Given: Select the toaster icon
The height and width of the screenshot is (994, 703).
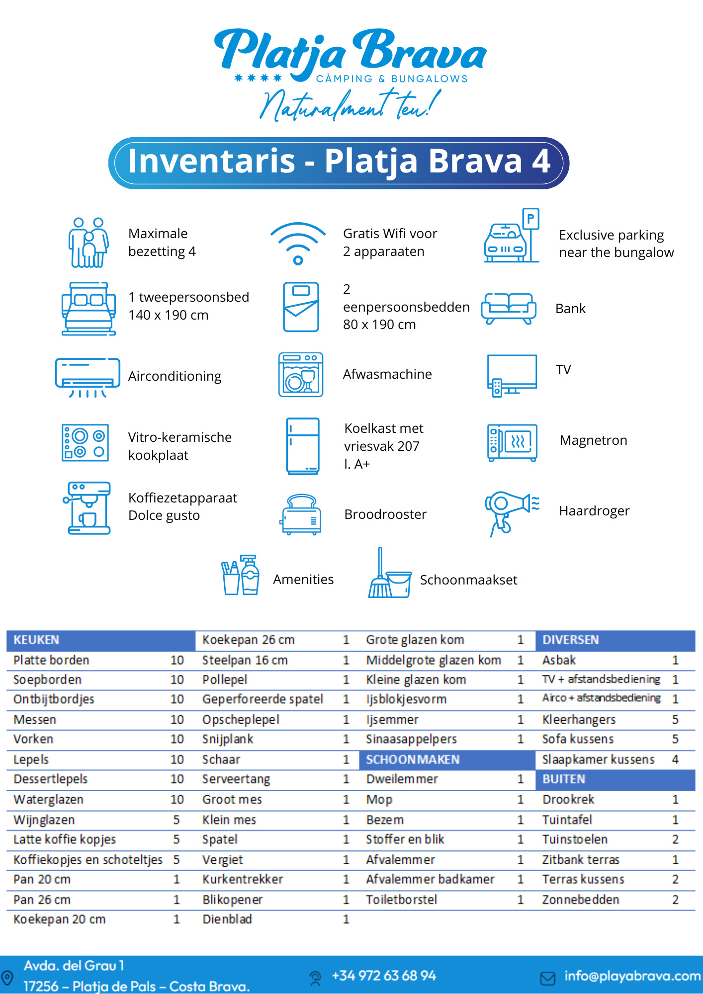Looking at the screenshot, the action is [300, 514].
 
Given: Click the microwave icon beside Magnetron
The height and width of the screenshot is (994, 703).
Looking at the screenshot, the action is [513, 442].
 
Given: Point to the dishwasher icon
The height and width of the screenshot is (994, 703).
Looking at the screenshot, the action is [301, 375].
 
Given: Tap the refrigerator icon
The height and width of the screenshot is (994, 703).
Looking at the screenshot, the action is [302, 446].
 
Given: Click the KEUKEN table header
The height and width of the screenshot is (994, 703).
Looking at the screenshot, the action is [36, 640].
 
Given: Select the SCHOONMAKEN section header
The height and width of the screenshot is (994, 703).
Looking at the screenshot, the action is [413, 760].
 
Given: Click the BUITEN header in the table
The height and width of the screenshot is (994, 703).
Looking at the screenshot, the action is [564, 779].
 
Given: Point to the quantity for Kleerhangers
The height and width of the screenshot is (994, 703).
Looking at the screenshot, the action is [675, 720].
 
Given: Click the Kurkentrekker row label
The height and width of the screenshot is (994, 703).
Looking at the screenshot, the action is [243, 880].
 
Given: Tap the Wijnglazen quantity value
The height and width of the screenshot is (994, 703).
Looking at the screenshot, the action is [176, 820].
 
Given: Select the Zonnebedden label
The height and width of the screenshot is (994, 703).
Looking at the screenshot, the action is [581, 900].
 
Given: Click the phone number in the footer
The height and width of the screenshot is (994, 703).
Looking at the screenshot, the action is [384, 976].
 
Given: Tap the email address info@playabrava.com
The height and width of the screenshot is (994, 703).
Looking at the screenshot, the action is [632, 976].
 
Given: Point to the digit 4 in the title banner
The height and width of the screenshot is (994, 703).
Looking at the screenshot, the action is [541, 161].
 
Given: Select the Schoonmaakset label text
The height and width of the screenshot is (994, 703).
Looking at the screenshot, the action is [469, 580].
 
